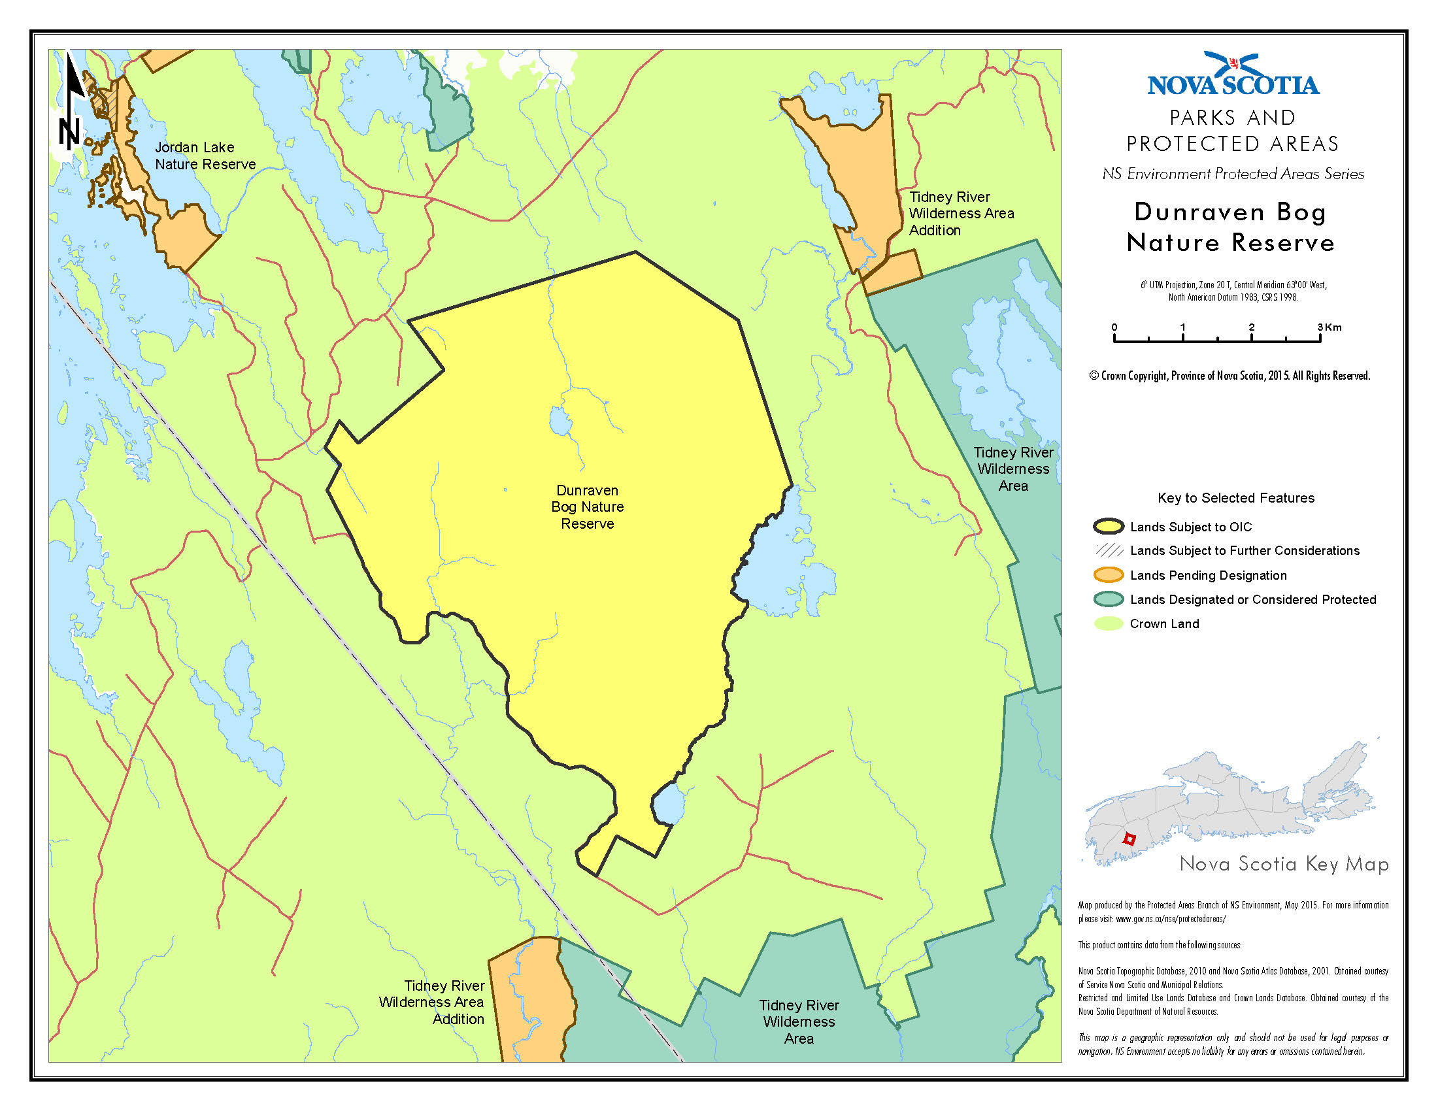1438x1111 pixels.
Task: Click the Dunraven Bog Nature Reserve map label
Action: [x=587, y=506]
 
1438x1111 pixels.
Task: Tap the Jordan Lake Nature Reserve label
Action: [x=205, y=156]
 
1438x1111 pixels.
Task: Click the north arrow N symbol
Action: [x=69, y=131]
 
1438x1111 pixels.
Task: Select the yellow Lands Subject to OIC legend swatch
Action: [x=1108, y=527]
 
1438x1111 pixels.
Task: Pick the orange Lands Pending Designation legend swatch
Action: [x=1108, y=575]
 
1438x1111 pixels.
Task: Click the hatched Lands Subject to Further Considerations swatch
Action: [x=1108, y=551]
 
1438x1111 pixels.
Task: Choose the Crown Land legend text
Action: [x=1164, y=624]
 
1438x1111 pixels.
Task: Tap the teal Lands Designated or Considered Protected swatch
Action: [x=1108, y=599]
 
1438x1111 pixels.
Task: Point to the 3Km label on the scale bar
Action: [x=1329, y=327]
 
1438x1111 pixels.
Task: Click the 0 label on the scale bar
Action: [x=1114, y=327]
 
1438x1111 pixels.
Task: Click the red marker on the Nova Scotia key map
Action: [x=1129, y=839]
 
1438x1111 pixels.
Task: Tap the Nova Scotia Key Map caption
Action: [x=1283, y=864]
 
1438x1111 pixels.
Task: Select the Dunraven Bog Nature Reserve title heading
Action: [x=1230, y=227]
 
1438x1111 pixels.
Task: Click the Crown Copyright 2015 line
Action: [x=1229, y=376]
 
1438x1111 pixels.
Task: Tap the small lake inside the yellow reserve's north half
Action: [x=560, y=422]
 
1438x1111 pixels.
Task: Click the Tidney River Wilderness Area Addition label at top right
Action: [x=961, y=213]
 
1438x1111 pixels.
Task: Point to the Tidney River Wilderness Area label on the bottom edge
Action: [x=799, y=1021]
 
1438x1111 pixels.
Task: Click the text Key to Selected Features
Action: [x=1235, y=498]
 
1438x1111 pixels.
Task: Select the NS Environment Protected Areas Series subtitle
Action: [x=1233, y=174]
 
